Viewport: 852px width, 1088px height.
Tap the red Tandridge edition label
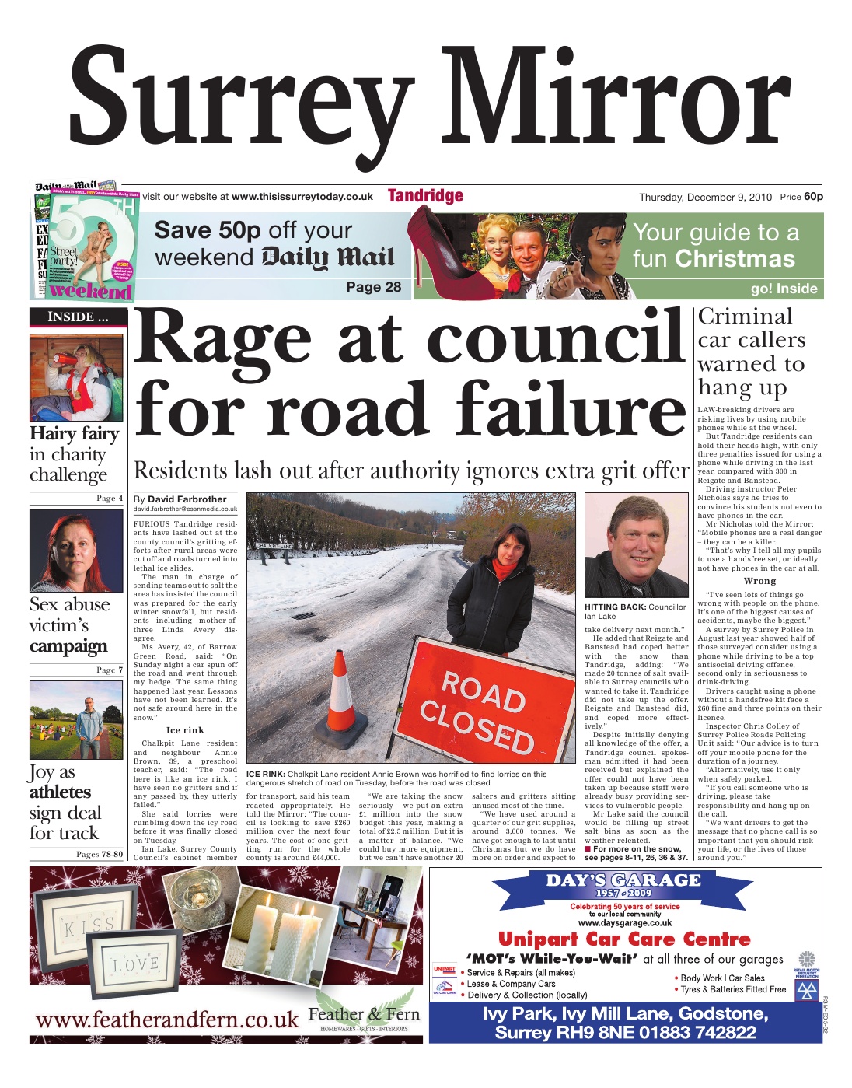tap(425, 196)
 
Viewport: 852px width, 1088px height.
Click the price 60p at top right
tap(813, 197)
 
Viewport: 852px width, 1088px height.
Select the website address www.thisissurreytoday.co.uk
tap(302, 197)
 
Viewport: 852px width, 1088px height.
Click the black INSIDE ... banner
tap(76, 317)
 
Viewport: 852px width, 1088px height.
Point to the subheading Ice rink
tap(185, 730)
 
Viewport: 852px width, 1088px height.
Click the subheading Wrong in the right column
tap(759, 581)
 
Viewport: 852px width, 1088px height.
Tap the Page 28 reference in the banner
tap(374, 287)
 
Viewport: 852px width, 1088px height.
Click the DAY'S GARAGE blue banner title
tap(623, 881)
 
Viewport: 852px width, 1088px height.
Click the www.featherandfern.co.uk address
tap(167, 1019)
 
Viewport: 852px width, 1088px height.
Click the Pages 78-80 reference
tap(100, 854)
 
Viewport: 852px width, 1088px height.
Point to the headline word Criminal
tap(734, 317)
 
